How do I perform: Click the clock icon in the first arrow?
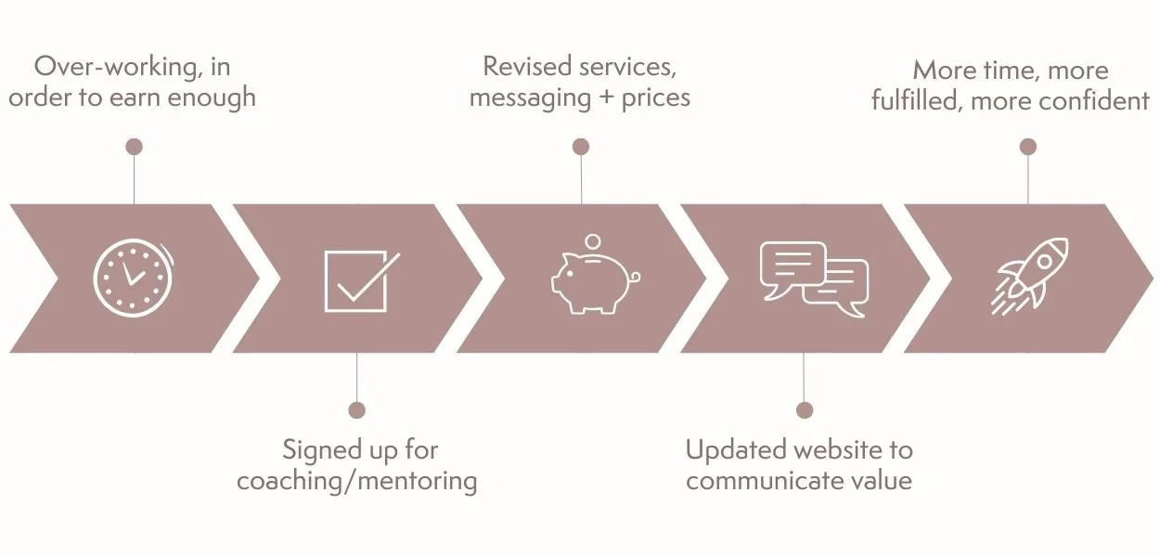coord(133,278)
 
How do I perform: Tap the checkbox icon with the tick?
coord(360,280)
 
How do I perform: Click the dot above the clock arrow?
coord(134,147)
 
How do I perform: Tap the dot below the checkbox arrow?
coord(356,410)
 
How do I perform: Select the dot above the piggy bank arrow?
coord(581,147)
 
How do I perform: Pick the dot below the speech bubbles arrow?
coord(805,410)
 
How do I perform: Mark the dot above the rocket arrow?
coord(1027,147)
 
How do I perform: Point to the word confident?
coord(1094,100)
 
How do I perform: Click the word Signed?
coord(322,451)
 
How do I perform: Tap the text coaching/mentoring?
coord(357,482)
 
